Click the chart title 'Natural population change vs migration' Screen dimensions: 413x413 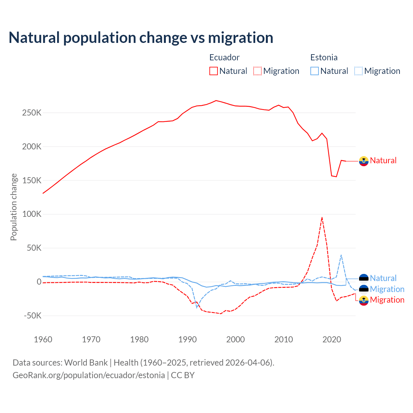tap(141, 38)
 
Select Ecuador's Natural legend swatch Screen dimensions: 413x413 tap(213, 71)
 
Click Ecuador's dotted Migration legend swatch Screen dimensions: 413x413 tap(257, 71)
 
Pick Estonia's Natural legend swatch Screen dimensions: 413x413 tap(314, 71)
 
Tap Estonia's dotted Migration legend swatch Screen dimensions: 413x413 tap(358, 71)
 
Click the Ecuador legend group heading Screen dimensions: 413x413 tap(224, 57)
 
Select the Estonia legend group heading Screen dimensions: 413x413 tap(324, 57)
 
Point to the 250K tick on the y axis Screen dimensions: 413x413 tap(32, 113)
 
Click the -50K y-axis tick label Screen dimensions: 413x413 tap(33, 316)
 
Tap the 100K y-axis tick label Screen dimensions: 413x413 tap(32, 214)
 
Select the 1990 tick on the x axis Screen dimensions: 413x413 tap(187, 339)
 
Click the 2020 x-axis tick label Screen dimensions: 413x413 tap(332, 339)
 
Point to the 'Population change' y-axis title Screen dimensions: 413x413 tap(14, 207)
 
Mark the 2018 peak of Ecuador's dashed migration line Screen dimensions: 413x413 tap(322, 217)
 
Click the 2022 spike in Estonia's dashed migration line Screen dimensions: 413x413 tap(341, 255)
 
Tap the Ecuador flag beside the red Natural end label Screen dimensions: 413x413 tap(364, 161)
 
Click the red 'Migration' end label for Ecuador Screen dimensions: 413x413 tap(387, 300)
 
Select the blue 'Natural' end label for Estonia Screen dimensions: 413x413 tap(383, 278)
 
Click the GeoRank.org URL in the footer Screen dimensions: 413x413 tap(89, 375)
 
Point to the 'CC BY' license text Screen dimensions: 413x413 tap(183, 375)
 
